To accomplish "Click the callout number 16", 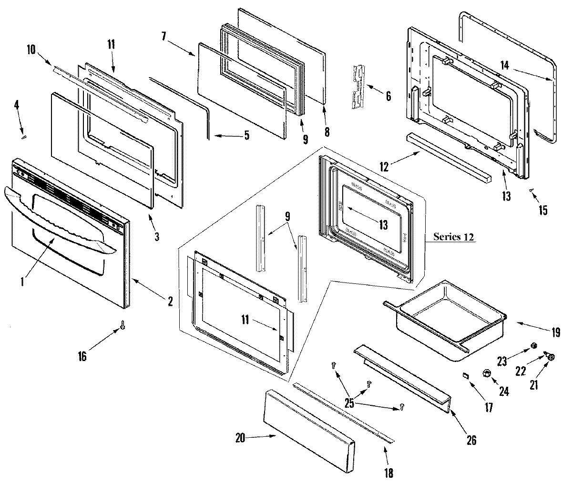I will pyautogui.click(x=82, y=355).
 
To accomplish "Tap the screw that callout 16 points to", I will pyautogui.click(x=123, y=325).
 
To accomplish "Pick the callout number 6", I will pyautogui.click(x=388, y=96).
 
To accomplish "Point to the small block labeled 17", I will pyautogui.click(x=466, y=376).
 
